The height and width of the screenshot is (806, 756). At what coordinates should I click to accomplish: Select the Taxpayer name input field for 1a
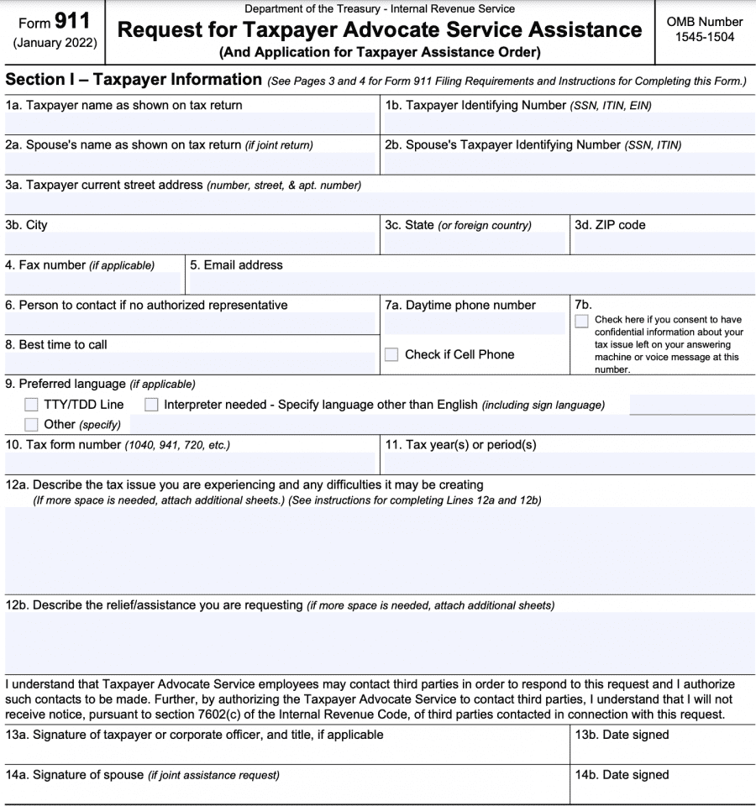[x=189, y=123]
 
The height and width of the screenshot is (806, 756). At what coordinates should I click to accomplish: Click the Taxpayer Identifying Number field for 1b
[x=568, y=123]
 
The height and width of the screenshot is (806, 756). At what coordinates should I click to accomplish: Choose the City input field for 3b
[x=189, y=243]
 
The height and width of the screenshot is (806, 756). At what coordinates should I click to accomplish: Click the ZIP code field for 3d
[x=662, y=243]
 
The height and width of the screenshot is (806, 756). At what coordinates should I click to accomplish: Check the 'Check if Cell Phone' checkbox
[x=391, y=354]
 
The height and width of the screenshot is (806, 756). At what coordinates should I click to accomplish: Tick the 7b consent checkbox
[x=581, y=322]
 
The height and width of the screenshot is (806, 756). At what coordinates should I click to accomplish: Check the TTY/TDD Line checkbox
[x=31, y=405]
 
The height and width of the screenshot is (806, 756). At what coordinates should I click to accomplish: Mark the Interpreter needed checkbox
[x=151, y=405]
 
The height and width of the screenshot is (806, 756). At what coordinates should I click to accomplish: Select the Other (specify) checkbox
[x=31, y=424]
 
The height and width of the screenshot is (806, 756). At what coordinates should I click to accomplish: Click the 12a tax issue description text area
[x=378, y=550]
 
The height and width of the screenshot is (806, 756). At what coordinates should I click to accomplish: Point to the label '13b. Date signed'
[x=622, y=735]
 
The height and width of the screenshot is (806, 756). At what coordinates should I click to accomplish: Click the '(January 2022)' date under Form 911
[x=54, y=42]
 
